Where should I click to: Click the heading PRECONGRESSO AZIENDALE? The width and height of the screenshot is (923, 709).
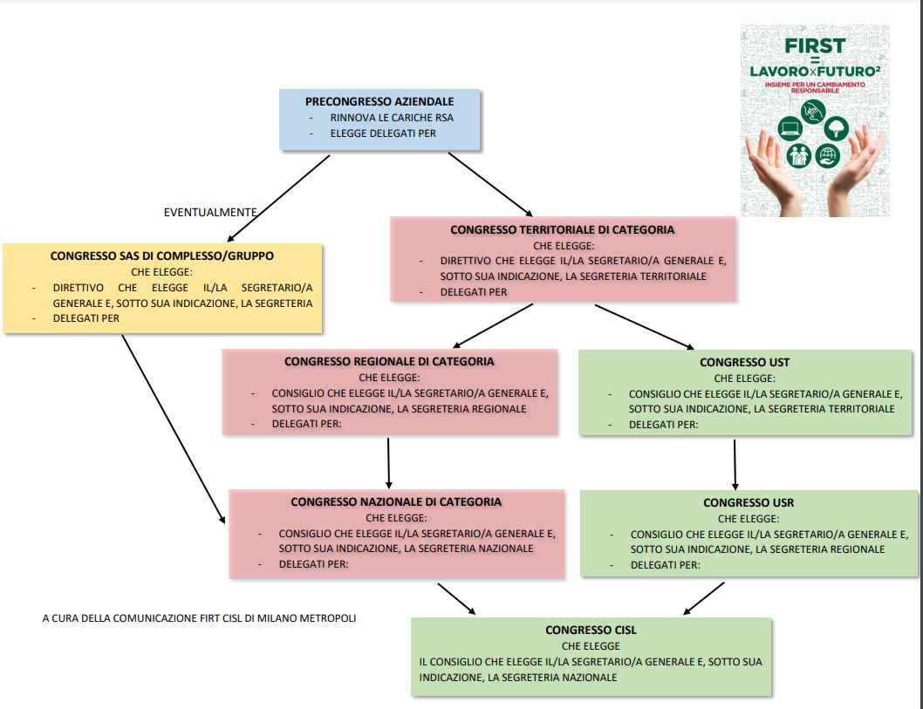[379, 102]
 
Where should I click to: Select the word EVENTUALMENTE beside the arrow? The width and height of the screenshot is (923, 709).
[210, 212]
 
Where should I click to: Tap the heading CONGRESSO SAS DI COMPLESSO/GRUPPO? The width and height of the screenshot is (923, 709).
[162, 256]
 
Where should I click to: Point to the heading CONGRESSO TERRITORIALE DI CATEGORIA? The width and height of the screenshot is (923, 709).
[562, 230]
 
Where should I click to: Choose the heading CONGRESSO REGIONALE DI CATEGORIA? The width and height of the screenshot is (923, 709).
[389, 361]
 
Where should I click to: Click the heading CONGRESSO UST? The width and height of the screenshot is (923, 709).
[744, 362]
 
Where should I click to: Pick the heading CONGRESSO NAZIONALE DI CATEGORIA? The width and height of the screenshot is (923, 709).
[396, 501]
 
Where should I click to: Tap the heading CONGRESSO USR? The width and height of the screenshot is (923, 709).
[749, 503]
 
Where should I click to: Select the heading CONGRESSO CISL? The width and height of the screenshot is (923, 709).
[591, 630]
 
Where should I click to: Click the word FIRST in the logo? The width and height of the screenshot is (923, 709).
[814, 45]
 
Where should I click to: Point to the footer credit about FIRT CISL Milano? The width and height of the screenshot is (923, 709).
[199, 618]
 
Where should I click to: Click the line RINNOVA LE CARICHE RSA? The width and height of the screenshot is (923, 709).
[392, 118]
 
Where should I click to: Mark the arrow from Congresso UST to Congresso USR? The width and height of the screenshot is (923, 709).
[735, 463]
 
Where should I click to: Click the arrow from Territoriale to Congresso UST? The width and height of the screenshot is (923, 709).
[644, 325]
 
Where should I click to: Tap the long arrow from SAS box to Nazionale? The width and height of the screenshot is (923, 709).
[174, 428]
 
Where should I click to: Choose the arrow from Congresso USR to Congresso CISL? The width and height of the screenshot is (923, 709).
[703, 597]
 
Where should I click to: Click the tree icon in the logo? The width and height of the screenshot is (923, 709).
[836, 129]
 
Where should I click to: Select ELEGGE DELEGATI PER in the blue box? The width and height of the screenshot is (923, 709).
[383, 133]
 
